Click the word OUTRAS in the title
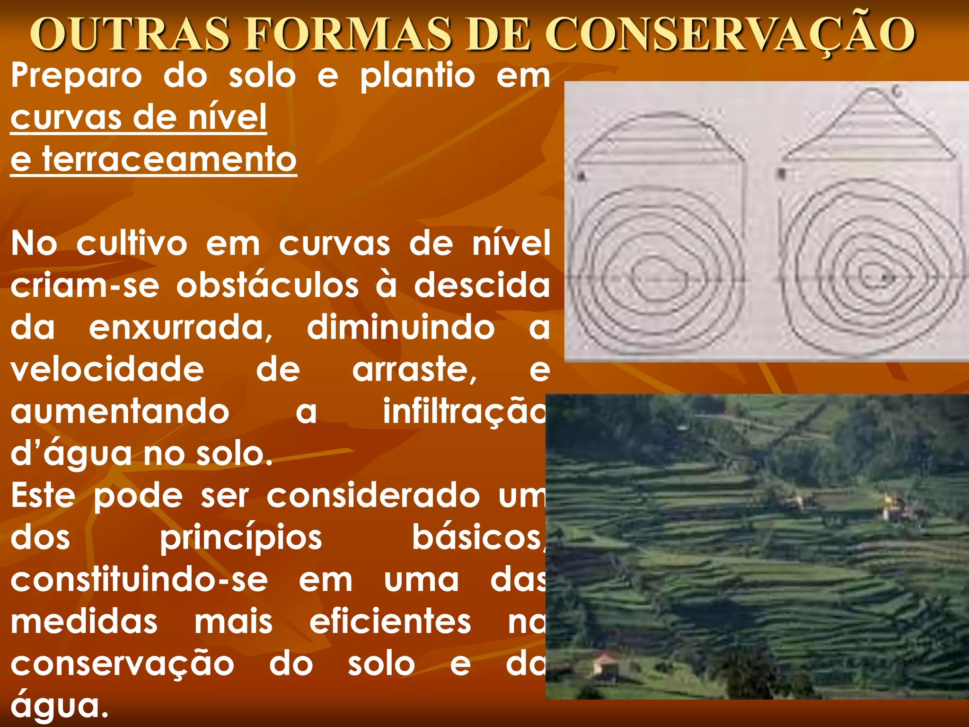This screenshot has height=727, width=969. click(130, 34)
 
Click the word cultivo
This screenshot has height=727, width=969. click(132, 244)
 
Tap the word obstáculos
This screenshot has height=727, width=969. click(267, 286)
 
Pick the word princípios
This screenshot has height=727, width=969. click(241, 538)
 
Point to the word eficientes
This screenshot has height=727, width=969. click(390, 622)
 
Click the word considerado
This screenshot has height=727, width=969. click(373, 496)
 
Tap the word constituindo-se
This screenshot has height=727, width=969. click(139, 580)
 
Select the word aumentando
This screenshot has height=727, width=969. click(120, 412)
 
